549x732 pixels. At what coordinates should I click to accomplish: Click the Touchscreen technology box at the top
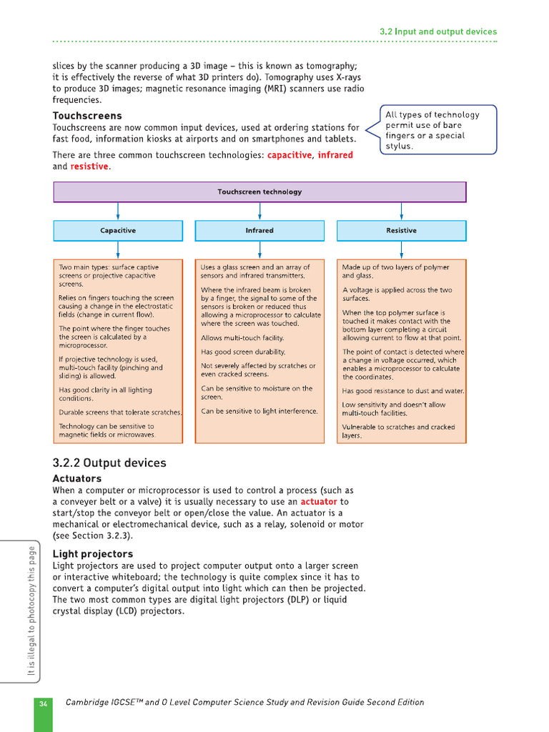click(x=259, y=192)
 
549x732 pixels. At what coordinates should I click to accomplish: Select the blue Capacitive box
click(x=118, y=230)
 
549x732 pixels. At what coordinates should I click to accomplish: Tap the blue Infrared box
click(x=259, y=230)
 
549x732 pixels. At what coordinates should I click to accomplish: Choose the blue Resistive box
click(x=401, y=230)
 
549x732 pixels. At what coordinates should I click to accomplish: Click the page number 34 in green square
click(x=43, y=703)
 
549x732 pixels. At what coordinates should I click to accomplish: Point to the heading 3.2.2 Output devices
click(x=109, y=463)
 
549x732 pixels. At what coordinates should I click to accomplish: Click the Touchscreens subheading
click(x=87, y=116)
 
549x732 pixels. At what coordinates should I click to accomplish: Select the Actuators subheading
click(x=77, y=478)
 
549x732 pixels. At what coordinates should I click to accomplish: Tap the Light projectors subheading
click(x=93, y=554)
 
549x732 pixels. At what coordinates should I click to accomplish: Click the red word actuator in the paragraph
click(x=319, y=502)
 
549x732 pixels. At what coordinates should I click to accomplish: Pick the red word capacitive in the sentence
click(x=290, y=154)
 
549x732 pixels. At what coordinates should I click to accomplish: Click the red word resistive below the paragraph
click(x=89, y=167)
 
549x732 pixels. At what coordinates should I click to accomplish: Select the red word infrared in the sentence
click(x=335, y=154)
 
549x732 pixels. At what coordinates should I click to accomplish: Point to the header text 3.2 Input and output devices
click(x=437, y=31)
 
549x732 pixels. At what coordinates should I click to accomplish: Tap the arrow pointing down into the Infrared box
click(x=259, y=212)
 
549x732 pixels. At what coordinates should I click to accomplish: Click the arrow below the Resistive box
click(x=401, y=249)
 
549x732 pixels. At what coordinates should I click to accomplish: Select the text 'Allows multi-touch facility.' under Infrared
click(x=242, y=337)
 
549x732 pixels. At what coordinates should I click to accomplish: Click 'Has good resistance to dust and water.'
click(x=403, y=391)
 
